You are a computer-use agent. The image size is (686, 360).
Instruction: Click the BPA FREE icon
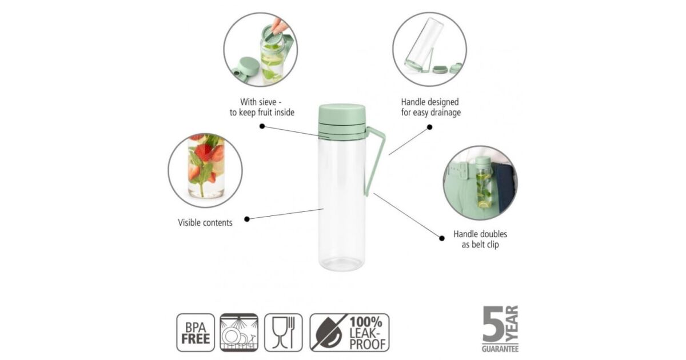point(196,333)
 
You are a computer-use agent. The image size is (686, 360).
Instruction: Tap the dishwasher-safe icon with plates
point(239,333)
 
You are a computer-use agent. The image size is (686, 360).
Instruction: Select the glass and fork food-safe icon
point(284,333)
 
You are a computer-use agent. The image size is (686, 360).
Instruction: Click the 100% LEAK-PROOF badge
point(349,333)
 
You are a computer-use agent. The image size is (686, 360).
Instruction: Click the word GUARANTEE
point(500,349)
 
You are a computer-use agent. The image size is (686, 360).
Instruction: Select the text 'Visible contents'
point(205,222)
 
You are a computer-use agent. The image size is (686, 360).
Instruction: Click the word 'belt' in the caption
point(480,245)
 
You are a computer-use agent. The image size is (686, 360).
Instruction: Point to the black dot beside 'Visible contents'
point(247,219)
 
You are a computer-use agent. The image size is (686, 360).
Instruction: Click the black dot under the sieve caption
point(262,126)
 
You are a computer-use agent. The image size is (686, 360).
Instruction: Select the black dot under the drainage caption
point(430,127)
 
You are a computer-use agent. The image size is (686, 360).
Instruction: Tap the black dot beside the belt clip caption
point(441,238)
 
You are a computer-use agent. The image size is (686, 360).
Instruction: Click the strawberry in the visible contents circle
point(203,152)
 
